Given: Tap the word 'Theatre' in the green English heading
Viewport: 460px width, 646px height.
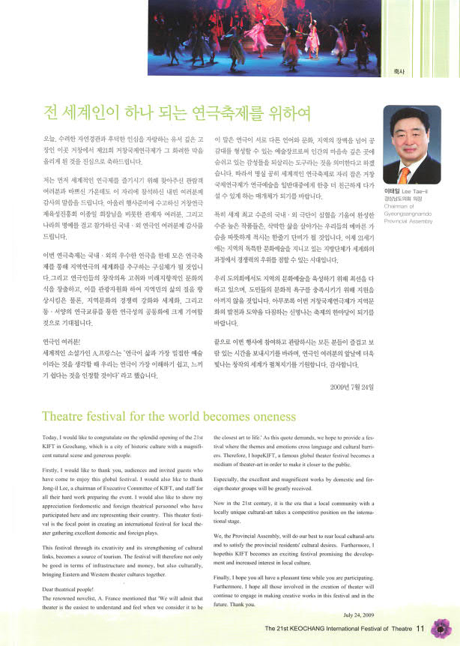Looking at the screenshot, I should pyautogui.click(x=67, y=416).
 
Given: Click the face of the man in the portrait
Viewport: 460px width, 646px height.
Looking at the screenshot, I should pyautogui.click(x=411, y=139).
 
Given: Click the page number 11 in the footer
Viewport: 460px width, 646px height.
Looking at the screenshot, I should pyautogui.click(x=420, y=628).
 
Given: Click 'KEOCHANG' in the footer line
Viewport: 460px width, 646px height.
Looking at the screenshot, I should pyautogui.click(x=313, y=629).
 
